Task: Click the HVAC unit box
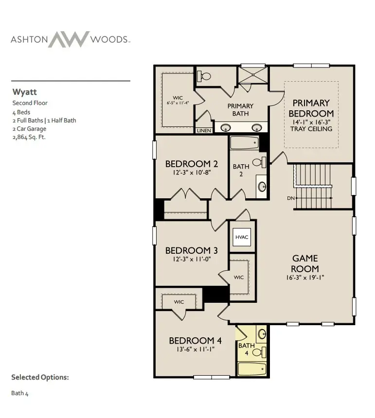click(242, 237)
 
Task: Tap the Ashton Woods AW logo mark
click(69, 39)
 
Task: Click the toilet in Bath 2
click(259, 162)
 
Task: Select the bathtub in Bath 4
click(252, 369)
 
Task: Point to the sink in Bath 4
click(262, 334)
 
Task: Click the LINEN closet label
click(204, 131)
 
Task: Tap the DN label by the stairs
click(291, 198)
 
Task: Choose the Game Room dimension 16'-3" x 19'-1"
click(305, 278)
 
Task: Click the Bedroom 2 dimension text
click(192, 173)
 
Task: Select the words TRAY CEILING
click(311, 129)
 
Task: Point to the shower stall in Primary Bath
click(252, 75)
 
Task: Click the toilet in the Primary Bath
click(204, 76)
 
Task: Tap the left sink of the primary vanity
click(226, 128)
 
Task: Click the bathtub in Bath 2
click(245, 143)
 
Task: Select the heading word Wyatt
click(24, 92)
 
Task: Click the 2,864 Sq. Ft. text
click(29, 137)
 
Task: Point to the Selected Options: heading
click(40, 377)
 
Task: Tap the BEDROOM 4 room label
click(196, 340)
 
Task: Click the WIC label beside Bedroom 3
click(239, 277)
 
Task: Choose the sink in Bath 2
click(262, 186)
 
